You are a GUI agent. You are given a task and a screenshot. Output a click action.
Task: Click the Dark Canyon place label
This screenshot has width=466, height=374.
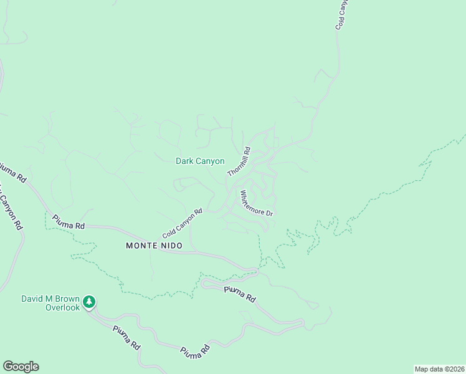pos(200,161)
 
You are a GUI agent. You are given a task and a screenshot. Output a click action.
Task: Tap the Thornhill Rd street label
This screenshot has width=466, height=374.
pos(239,161)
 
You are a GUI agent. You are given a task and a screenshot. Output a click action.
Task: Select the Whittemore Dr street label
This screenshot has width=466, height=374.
pos(257,204)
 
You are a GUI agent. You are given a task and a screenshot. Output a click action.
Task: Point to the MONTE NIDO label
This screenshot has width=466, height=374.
pos(155,246)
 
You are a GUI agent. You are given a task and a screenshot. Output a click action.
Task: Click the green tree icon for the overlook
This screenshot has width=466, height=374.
pos(90,302)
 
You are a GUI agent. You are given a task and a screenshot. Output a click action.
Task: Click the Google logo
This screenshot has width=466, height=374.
pos(21,367)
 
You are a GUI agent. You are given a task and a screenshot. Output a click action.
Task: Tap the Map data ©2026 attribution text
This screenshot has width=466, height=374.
pos(439,369)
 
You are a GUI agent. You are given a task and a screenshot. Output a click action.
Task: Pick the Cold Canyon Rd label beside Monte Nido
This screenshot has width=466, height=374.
pos(183,223)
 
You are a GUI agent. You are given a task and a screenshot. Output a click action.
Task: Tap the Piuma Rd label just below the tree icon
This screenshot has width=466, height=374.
pos(125,337)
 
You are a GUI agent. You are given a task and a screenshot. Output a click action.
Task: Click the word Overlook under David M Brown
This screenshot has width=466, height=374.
pos(62,308)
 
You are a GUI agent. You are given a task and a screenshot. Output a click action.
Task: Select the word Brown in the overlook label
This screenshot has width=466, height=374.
pos(67,299)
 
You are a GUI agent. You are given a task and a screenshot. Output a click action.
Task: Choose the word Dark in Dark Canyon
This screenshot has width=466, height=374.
pos(185,161)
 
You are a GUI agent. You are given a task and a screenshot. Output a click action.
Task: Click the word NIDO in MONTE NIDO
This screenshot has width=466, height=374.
pos(171,246)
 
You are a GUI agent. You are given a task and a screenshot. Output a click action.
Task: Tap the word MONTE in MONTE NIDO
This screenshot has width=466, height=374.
pos(141,246)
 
